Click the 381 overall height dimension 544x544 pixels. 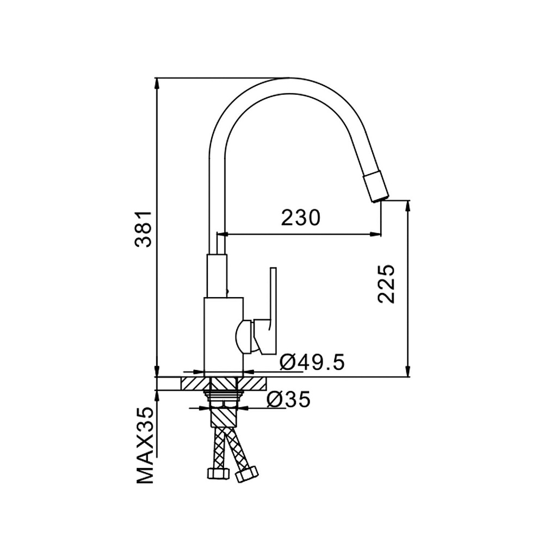tap(143, 228)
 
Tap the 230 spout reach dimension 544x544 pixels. tap(300, 218)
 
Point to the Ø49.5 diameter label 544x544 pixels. tap(312, 362)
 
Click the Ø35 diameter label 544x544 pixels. tap(288, 399)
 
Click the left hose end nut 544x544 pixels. tap(218, 474)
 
